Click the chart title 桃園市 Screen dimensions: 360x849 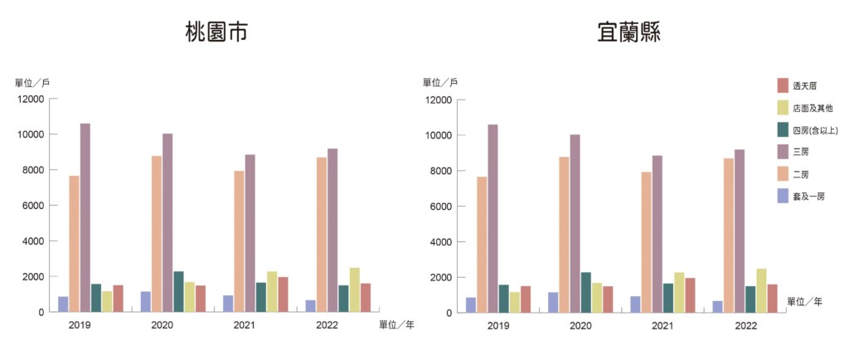click(x=216, y=33)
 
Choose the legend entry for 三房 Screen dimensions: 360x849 click(x=800, y=152)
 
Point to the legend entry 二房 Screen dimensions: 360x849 click(x=800, y=174)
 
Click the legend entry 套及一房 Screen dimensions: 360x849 click(x=808, y=197)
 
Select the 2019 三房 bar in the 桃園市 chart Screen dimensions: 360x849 click(x=85, y=217)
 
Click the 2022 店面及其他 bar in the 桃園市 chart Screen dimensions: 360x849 click(x=355, y=289)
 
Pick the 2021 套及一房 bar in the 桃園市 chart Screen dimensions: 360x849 click(x=228, y=304)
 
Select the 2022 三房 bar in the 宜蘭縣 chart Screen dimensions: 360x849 click(x=740, y=231)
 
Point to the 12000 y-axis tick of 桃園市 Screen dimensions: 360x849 click(x=32, y=100)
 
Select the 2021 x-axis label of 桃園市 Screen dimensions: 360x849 click(x=245, y=325)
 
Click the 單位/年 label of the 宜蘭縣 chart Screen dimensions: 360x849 click(x=804, y=301)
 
